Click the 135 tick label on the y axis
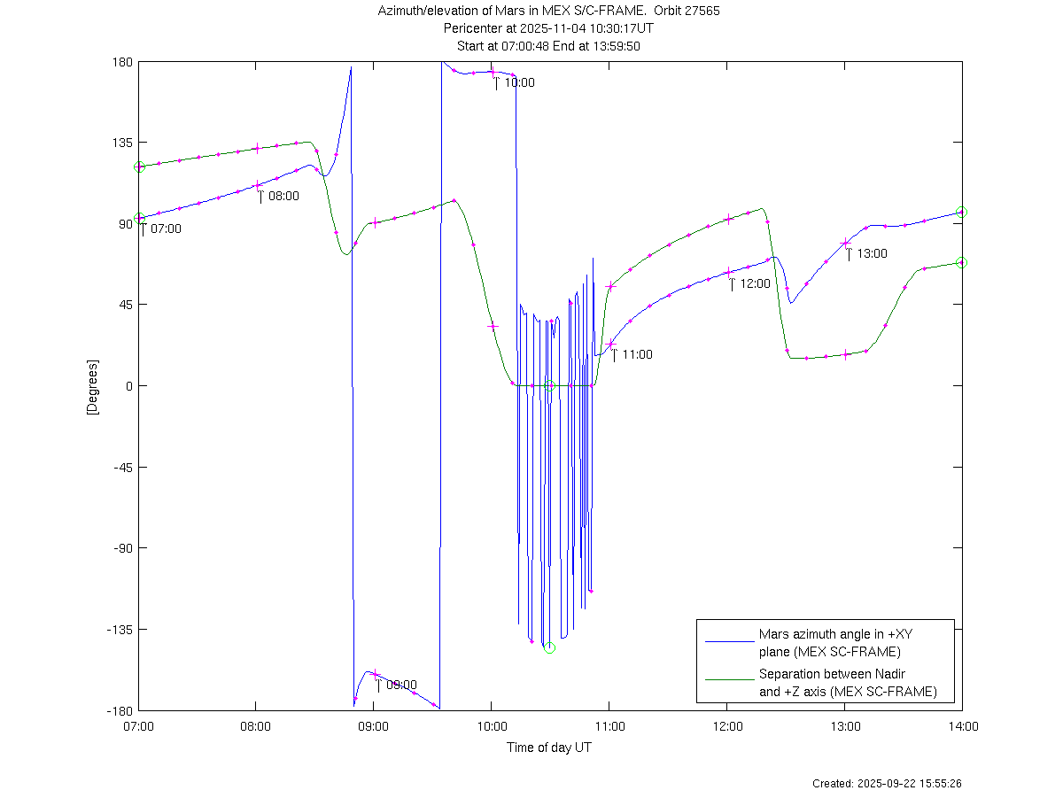pyautogui.click(x=122, y=143)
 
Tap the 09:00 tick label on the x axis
pyautogui.click(x=373, y=727)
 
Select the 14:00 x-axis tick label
pyautogui.click(x=962, y=727)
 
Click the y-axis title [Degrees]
pyautogui.click(x=91, y=386)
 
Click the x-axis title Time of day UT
pyautogui.click(x=549, y=748)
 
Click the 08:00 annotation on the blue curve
pyautogui.click(x=283, y=197)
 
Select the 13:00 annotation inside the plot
pyautogui.click(x=872, y=254)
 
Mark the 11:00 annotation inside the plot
pyautogui.click(x=636, y=355)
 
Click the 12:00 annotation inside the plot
pyautogui.click(x=755, y=284)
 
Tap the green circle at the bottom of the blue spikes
pyautogui.click(x=549, y=647)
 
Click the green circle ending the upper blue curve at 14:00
pyautogui.click(x=962, y=213)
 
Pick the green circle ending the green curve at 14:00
pyautogui.click(x=962, y=263)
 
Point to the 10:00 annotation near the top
pyautogui.click(x=518, y=83)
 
